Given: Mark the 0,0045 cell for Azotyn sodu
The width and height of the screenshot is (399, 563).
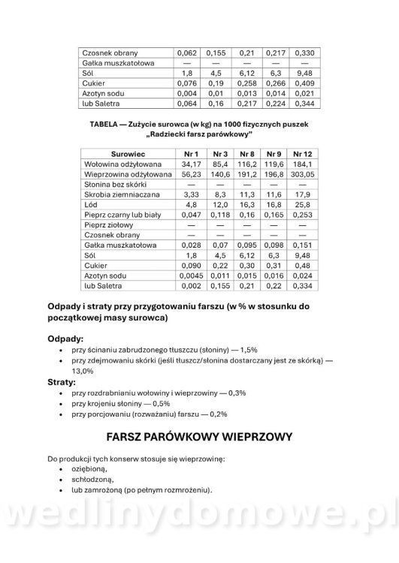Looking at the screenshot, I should point(189,276).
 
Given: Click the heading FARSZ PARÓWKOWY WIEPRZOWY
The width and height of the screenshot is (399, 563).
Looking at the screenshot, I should point(199,435).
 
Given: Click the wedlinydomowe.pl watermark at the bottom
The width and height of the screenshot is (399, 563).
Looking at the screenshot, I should point(199,525).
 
